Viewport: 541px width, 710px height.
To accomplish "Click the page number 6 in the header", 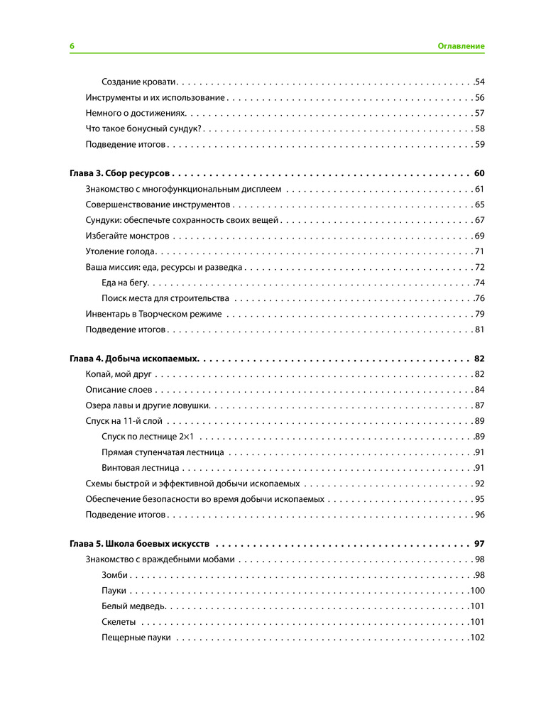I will point(72,46).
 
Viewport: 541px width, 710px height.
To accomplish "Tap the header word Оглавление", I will point(461,46).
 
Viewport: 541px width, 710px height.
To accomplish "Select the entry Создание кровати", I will point(139,82).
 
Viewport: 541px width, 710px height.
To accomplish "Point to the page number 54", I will point(479,82).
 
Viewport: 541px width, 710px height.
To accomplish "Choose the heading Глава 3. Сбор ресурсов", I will point(119,174).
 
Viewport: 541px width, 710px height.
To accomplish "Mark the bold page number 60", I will point(479,174).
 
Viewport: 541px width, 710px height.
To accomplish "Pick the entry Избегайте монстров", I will point(127,236).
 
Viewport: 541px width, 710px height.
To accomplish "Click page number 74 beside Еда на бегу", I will point(479,283).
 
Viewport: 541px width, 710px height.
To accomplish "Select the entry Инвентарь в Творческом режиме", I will point(153,314).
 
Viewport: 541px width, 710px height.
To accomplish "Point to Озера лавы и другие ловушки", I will point(147,405).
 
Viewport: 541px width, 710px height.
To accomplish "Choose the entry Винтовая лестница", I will point(141,468).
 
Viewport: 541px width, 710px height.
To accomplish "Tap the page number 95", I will point(479,499).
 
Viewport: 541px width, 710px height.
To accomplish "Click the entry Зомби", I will point(115,575).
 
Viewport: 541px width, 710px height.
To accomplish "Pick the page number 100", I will point(477,591).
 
